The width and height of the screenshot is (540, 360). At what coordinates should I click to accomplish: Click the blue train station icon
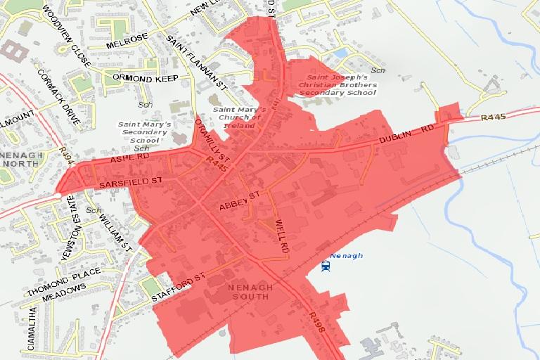coord(326,266)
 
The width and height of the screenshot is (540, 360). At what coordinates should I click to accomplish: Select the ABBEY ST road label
coord(240,200)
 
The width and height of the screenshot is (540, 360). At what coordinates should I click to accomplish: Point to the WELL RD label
coord(282,238)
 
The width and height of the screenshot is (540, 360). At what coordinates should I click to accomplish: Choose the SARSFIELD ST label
coord(131,181)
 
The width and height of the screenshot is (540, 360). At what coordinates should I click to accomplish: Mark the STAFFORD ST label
coord(178,289)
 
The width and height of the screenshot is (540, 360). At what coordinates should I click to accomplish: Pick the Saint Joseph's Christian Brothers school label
coord(339,85)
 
